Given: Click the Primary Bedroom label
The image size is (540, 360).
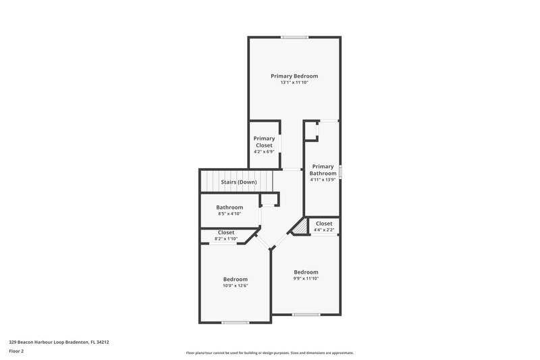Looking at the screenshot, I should point(294,76).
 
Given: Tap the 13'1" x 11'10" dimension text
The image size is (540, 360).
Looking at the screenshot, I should point(294,83).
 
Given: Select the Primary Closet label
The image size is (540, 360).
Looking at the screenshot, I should point(264,142).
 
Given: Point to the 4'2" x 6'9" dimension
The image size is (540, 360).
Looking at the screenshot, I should point(264,151).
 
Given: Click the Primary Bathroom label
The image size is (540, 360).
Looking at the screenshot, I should point(323,170).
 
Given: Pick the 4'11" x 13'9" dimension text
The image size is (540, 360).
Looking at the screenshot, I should point(323,180).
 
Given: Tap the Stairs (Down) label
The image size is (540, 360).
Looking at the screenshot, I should point(238,182).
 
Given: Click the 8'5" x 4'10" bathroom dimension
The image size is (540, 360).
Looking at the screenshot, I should point(230,214).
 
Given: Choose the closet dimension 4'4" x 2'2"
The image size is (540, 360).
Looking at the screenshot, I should point(323,230).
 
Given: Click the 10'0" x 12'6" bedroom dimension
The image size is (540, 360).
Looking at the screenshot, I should point(236,286).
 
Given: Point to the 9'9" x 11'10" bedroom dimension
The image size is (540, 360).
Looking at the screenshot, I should point(306,278).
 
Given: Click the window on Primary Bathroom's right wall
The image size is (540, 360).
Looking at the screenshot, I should point(340,172).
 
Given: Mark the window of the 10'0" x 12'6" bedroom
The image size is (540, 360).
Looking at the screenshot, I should point(236,322).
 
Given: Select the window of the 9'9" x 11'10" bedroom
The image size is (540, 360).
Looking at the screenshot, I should point(306,315).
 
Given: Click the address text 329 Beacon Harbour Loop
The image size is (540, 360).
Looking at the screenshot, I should point(59,342).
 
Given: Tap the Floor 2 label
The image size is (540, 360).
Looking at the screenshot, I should point(17,351).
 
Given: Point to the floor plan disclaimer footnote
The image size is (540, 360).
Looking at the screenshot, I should point(269,353).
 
